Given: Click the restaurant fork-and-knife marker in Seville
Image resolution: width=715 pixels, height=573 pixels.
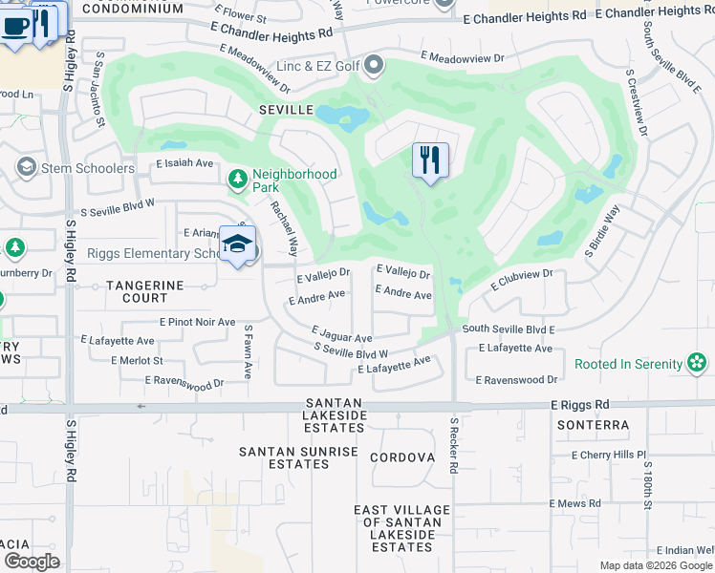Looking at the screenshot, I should pos(430,159).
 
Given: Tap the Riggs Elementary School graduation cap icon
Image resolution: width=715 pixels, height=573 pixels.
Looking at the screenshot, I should pos(237,244).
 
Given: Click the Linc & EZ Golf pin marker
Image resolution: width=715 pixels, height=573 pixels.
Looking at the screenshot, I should pos(374,66).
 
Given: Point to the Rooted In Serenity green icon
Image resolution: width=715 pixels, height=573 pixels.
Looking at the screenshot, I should pos(698,364).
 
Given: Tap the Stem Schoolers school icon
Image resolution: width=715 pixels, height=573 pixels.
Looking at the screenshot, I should pos(26,168).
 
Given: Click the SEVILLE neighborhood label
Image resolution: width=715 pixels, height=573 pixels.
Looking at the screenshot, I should pos(286,111).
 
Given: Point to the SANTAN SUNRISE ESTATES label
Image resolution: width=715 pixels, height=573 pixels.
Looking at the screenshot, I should pos(284,457).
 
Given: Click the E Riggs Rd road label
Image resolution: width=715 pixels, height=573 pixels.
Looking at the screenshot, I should pos(579,405).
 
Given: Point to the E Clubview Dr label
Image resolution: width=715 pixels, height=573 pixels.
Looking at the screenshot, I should pos(522,280).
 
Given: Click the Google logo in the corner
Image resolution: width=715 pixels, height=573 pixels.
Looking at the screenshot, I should pos(32,562).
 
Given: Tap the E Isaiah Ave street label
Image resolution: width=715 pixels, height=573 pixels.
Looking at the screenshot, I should pos(184,163).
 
